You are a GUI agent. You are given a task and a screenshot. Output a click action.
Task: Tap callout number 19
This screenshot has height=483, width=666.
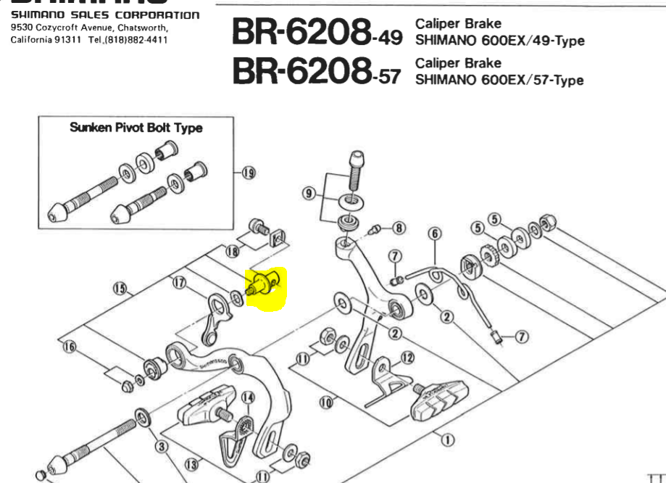(249, 173)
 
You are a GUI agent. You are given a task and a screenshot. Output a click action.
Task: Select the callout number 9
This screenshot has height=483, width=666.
(309, 193)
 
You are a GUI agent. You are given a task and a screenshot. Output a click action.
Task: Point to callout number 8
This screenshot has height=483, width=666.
(399, 228)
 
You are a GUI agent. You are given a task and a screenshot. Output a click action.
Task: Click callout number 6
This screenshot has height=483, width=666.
(435, 234)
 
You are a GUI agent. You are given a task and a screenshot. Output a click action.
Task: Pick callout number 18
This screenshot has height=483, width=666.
(232, 251)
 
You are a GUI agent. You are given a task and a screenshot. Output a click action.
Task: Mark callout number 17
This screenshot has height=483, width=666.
(178, 284)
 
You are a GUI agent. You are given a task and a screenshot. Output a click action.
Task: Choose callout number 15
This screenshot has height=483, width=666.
(120, 289)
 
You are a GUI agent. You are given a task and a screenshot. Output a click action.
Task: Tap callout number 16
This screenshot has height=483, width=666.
(70, 347)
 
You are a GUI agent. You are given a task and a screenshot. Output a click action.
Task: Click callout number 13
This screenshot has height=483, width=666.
(191, 463)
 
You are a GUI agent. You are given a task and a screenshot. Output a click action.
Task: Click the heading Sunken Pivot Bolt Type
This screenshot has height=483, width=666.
(136, 128)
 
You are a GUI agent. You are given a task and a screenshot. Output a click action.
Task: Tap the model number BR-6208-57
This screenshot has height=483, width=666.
(316, 70)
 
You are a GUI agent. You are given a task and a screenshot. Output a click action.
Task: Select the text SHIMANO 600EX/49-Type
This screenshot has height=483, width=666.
(499, 41)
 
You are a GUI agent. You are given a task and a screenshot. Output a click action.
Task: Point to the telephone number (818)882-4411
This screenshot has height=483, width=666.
(138, 38)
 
